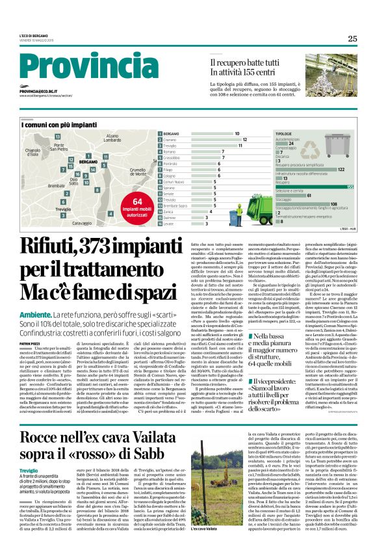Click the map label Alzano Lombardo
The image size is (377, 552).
point(112,138)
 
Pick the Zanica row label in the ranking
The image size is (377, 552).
point(172,211)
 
